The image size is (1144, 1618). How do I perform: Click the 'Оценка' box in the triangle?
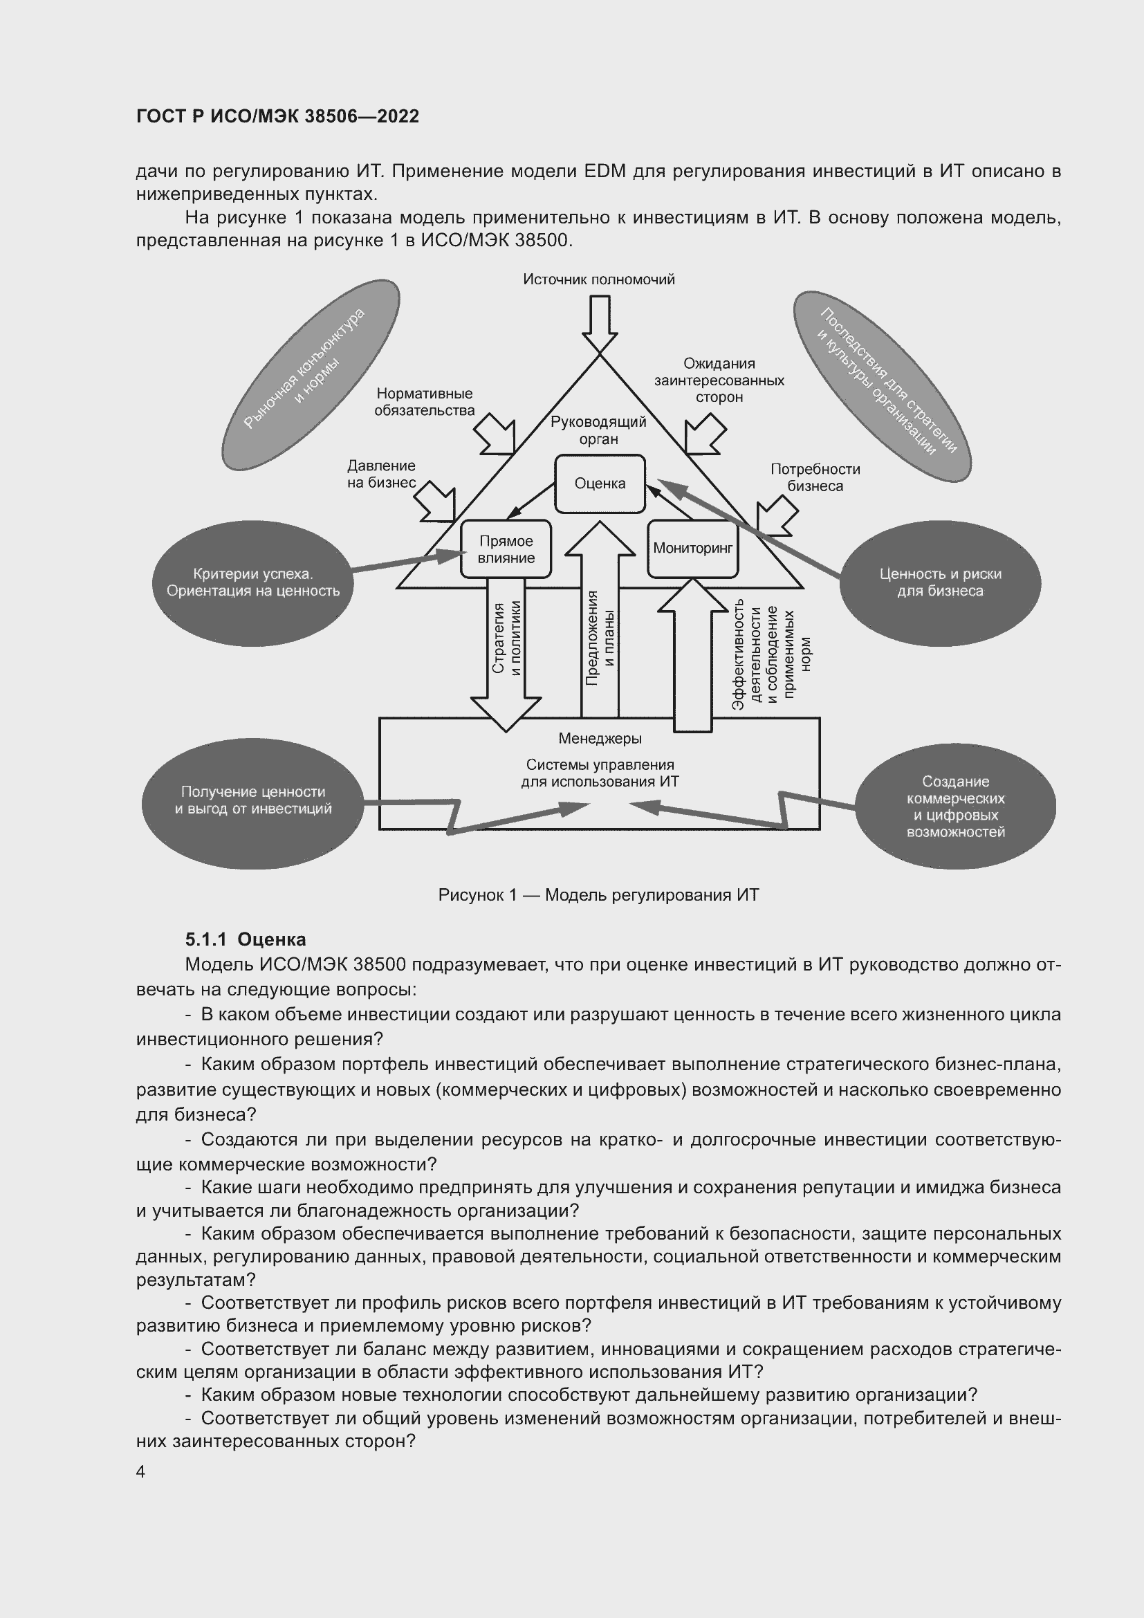pos(600,484)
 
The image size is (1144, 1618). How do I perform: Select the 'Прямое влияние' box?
pos(506,550)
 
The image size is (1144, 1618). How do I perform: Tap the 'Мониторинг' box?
pos(692,549)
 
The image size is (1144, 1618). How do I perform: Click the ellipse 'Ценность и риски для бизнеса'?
pos(940,582)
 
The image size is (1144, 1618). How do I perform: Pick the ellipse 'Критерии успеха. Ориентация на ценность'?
pos(253,582)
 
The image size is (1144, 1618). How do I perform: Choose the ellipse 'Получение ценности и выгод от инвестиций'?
pos(253,800)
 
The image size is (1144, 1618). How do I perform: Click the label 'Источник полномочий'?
pos(599,279)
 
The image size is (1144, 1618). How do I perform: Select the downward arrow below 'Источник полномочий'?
pos(600,323)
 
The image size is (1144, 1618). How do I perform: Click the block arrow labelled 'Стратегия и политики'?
pos(506,648)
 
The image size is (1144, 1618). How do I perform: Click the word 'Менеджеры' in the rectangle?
pos(600,739)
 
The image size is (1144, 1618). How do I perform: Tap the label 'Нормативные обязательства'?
pos(424,402)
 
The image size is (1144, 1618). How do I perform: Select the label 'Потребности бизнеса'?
pos(815,477)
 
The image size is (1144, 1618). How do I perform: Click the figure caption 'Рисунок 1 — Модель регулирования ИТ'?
pos(598,895)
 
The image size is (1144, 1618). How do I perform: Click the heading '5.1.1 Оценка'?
pos(245,939)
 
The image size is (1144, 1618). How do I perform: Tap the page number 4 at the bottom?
pos(141,1472)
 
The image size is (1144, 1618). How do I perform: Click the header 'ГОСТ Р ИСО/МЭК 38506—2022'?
pos(277,116)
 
